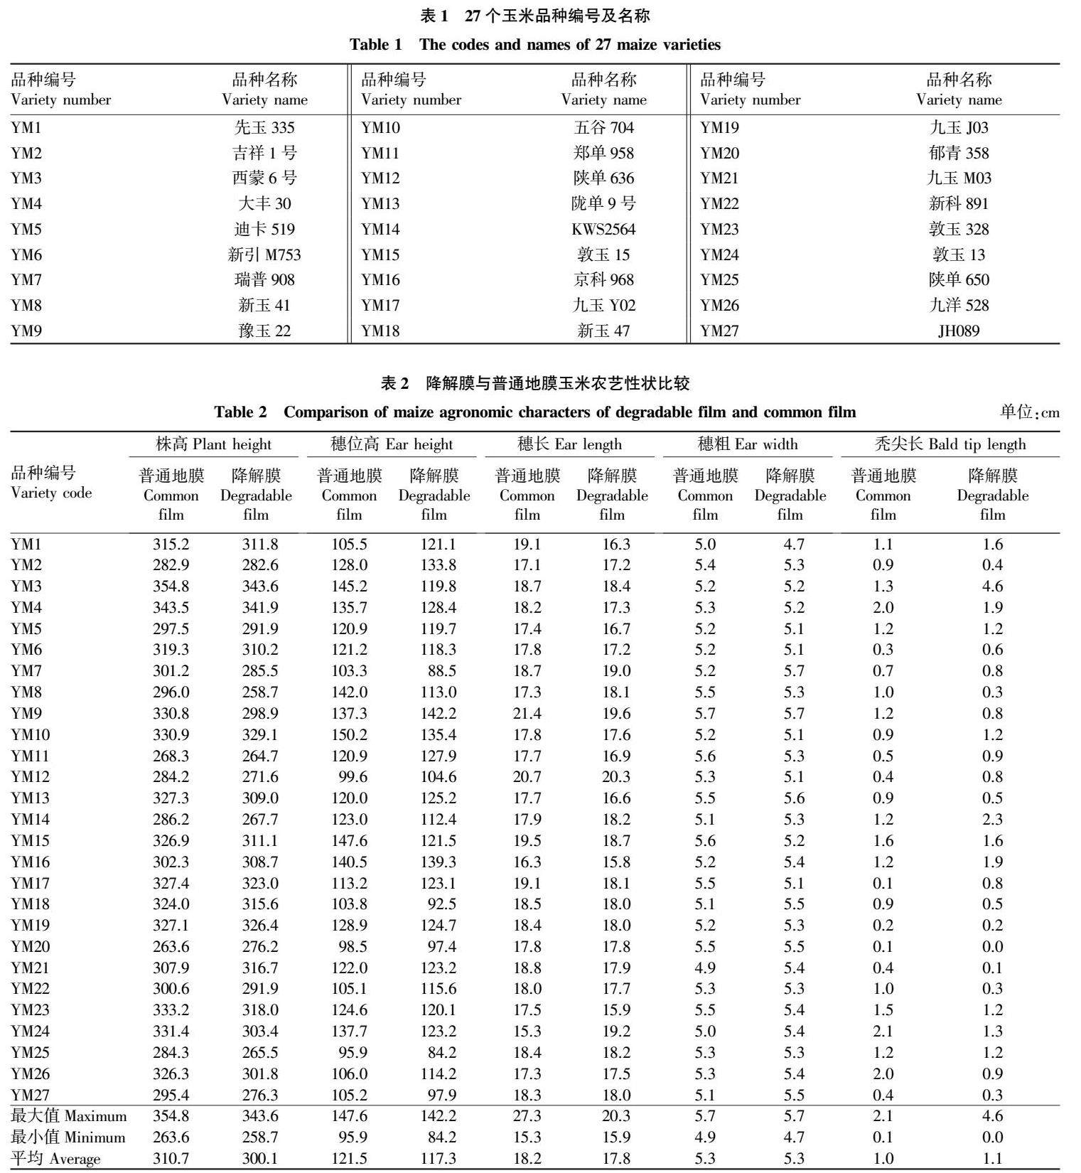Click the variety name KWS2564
603,230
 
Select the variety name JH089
958,331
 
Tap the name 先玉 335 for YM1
264,128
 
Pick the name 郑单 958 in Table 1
603,154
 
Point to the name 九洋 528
959,306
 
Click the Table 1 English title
534,45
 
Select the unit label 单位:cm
1029,412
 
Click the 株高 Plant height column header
213,445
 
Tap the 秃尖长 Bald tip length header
950,445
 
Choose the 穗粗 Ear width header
747,445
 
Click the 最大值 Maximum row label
68,1116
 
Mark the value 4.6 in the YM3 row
992,586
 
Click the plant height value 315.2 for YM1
171,545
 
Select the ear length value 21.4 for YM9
527,714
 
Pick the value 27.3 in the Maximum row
527,1116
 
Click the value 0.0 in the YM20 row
992,947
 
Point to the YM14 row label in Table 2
30,820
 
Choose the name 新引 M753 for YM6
264,255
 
